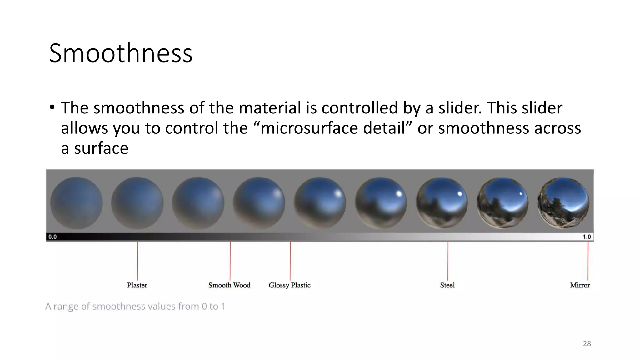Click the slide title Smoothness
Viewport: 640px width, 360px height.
coord(121,53)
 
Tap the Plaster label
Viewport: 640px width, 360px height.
coord(137,285)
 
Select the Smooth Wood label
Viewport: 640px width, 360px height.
coord(229,285)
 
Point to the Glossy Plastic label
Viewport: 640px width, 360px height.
coord(290,285)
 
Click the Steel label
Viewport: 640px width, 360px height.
coord(447,285)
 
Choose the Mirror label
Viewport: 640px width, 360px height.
coord(580,285)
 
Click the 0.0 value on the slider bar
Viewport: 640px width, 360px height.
coord(52,237)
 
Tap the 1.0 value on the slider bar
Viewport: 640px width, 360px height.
coord(587,237)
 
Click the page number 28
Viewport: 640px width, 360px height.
coord(587,344)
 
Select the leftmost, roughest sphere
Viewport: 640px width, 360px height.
coord(76,203)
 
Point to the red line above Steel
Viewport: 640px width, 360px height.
coord(448,261)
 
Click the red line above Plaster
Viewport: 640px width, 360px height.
coord(137,261)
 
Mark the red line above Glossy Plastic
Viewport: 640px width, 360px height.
coord(290,261)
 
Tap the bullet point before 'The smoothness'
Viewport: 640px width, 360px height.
coord(52,107)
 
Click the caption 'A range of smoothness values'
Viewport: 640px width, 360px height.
coord(135,306)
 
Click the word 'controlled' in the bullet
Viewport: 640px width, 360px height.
coord(359,108)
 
